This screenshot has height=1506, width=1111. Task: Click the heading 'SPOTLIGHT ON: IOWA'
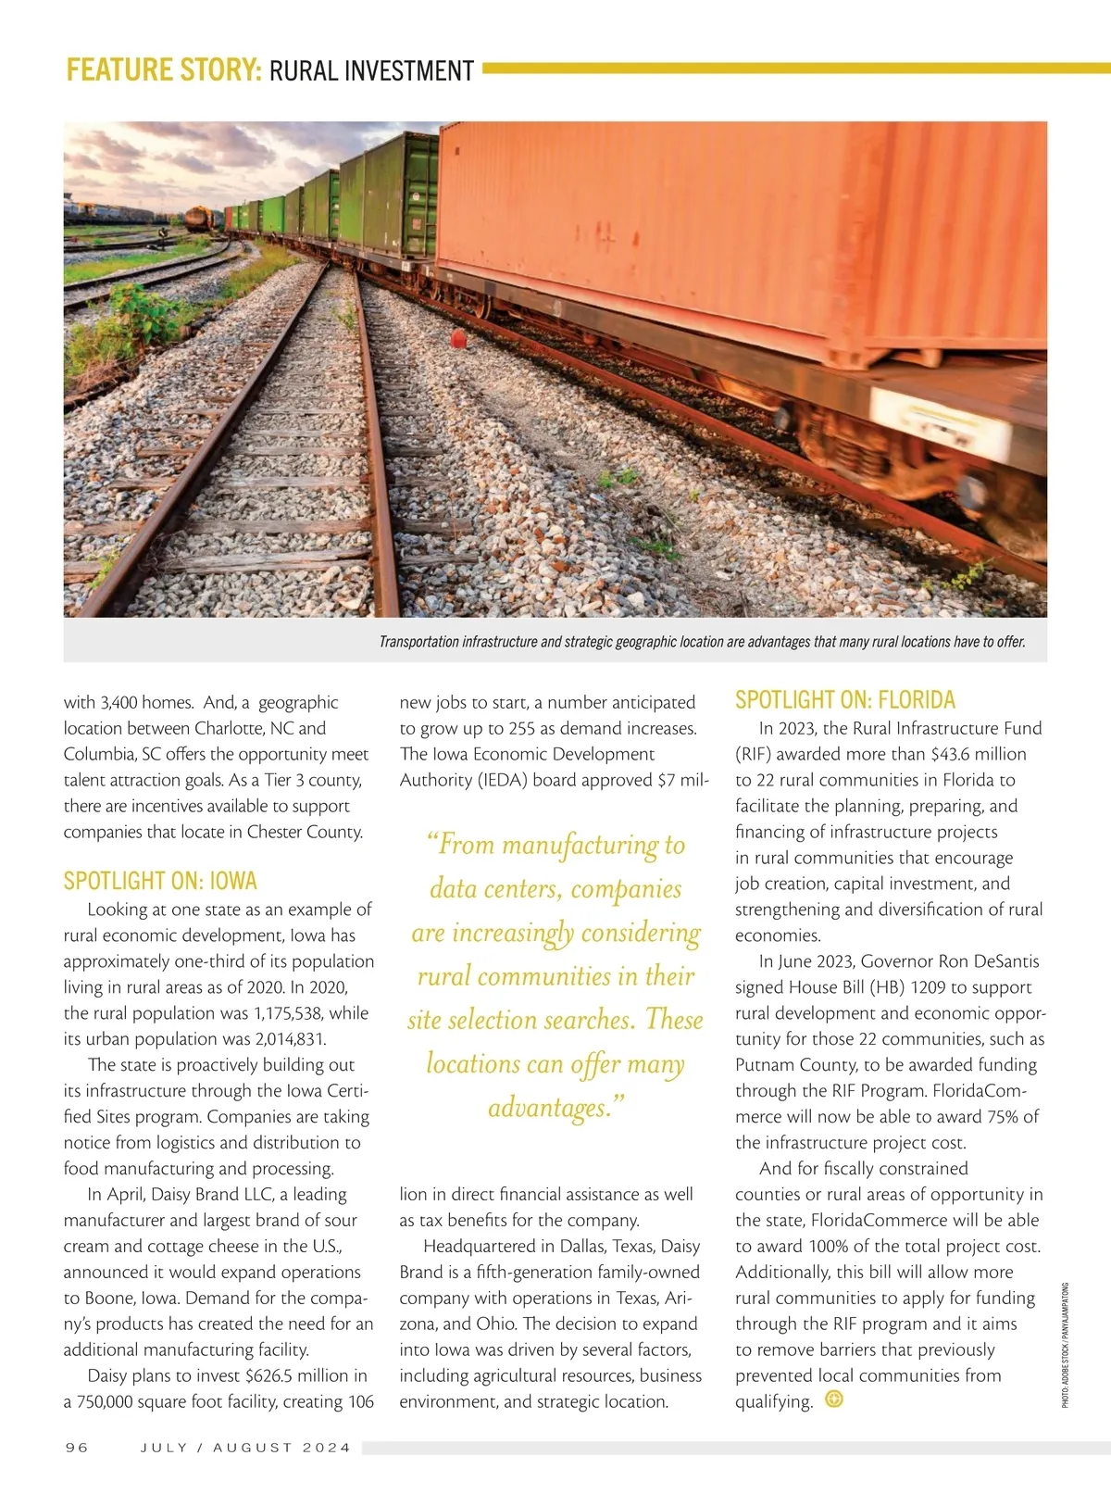[x=160, y=880]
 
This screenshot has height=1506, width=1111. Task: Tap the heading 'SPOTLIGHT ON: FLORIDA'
[x=844, y=700]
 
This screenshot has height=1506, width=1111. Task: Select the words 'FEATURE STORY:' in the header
[x=164, y=71]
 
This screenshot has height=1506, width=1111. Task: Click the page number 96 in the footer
[x=77, y=1447]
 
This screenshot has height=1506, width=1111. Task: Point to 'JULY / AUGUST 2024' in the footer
[x=245, y=1447]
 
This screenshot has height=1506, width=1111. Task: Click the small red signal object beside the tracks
[x=457, y=338]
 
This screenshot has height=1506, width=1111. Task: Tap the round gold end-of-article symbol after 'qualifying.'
[x=834, y=1399]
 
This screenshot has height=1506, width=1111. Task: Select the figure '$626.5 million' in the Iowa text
[x=306, y=1375]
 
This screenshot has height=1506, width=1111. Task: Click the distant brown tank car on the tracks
[x=199, y=218]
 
